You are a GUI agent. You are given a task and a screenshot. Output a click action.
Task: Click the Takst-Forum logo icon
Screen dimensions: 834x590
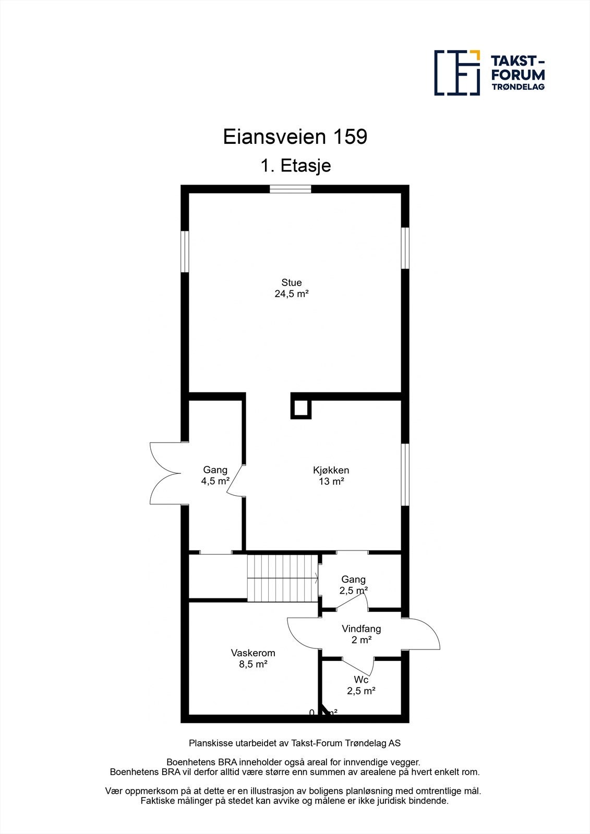pyautogui.click(x=457, y=72)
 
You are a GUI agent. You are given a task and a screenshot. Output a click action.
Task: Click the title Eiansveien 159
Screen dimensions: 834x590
pyautogui.click(x=295, y=137)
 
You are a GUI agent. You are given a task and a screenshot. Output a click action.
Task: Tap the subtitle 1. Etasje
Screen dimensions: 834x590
pyautogui.click(x=295, y=166)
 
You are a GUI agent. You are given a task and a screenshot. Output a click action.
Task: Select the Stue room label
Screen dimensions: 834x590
pyautogui.click(x=292, y=283)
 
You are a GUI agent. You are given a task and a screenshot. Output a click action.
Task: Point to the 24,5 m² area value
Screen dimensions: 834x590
pyautogui.click(x=292, y=294)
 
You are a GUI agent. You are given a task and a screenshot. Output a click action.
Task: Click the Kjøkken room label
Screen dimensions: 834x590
pyautogui.click(x=331, y=470)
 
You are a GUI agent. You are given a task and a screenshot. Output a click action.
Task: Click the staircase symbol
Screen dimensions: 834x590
pyautogui.click(x=282, y=578)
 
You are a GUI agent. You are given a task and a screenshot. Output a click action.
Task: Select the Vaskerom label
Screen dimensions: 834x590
pyautogui.click(x=252, y=653)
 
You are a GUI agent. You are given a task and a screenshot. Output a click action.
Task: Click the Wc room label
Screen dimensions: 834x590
pyautogui.click(x=361, y=680)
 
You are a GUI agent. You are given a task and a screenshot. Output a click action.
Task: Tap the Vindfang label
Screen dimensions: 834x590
pyautogui.click(x=361, y=629)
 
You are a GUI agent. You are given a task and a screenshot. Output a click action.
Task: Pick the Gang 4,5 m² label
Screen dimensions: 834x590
pyautogui.click(x=215, y=475)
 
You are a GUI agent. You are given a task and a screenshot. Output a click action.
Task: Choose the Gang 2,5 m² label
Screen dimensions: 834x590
pyautogui.click(x=353, y=585)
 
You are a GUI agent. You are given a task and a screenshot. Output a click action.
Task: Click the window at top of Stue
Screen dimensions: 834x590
pyautogui.click(x=290, y=189)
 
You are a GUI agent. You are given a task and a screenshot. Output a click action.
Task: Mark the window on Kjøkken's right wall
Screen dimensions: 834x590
pyautogui.click(x=405, y=474)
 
